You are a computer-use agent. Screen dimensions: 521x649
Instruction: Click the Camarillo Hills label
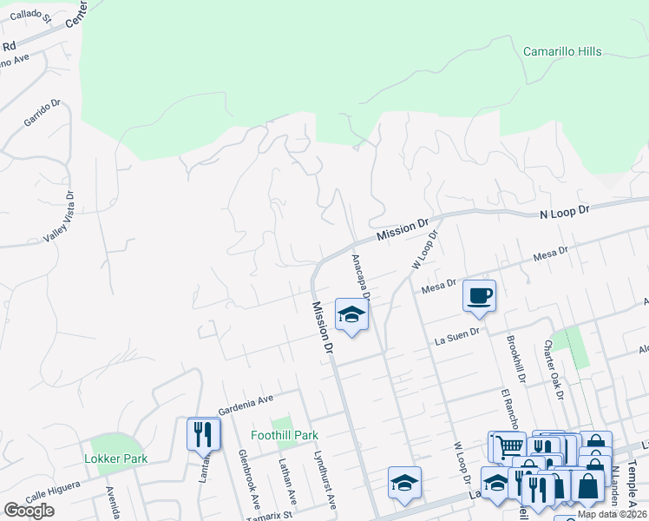coord(562,52)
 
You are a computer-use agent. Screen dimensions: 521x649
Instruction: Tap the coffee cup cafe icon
coord(479,296)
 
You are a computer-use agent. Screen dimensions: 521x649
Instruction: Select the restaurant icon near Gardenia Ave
coord(203,433)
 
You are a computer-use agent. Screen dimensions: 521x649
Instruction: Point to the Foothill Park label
coord(285,435)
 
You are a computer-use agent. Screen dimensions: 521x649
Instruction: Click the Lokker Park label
coord(115,458)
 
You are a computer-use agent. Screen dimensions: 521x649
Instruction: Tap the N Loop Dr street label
coord(564,211)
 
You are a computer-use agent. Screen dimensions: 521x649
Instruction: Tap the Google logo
coord(29,511)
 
